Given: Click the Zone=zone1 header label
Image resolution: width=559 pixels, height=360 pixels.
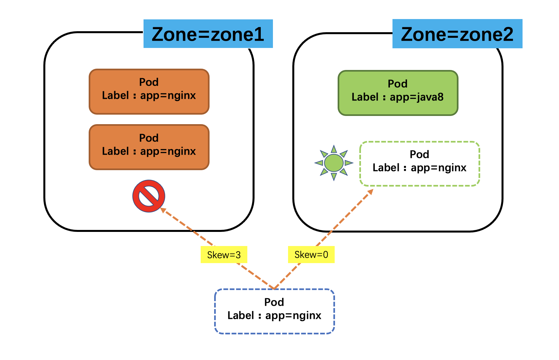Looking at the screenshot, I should tap(208, 34).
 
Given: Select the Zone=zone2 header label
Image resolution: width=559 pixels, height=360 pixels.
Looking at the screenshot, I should tap(457, 34).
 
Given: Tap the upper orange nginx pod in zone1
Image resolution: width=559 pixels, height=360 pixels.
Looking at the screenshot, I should tap(149, 92).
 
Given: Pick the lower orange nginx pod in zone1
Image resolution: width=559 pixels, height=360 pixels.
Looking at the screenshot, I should tap(149, 147).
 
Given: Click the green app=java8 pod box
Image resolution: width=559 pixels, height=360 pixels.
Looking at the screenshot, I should tap(398, 93).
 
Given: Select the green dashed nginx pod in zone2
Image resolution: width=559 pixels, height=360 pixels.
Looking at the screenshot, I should tap(419, 164).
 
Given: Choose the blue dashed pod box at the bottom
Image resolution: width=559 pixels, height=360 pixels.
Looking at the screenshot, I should tap(274, 311).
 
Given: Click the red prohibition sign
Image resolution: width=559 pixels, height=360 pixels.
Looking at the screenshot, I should tap(149, 196).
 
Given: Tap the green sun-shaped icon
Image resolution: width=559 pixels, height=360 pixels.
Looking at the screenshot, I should tap(334, 163).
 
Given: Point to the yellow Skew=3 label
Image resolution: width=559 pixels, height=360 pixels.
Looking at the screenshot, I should tap(224, 255).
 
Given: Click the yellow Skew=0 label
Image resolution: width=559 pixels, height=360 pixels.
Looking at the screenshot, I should tap(311, 255).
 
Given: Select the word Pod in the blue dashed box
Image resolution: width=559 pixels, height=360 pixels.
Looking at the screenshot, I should tap(274, 302).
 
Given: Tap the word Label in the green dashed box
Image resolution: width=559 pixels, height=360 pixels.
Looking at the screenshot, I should tap(386, 168).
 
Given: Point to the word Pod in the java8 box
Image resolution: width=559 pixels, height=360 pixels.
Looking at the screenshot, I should tap(398, 84).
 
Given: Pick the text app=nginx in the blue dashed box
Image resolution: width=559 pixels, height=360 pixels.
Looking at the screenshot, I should tap(293, 316).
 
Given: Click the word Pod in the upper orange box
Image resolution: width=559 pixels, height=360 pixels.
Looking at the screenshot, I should tap(149, 82).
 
